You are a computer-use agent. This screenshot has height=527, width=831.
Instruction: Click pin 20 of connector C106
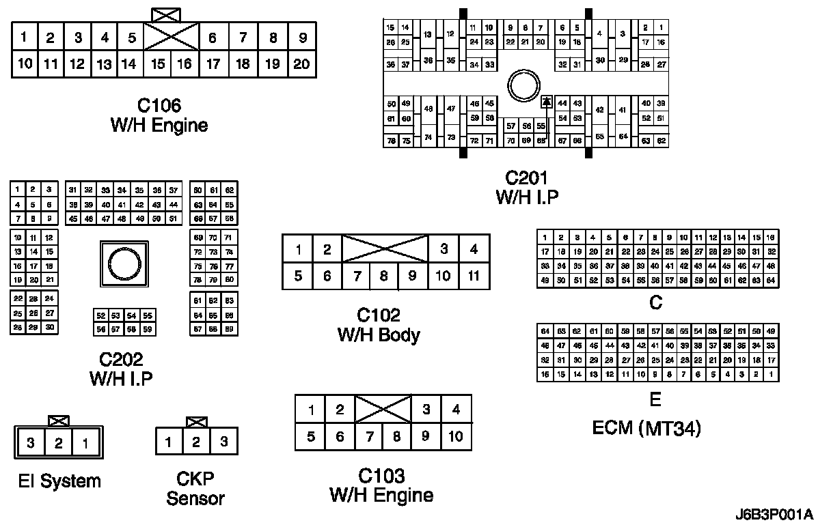click(301, 64)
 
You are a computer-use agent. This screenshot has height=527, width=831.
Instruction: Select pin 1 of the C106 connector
click(24, 38)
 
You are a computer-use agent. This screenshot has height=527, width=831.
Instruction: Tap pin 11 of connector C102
click(474, 276)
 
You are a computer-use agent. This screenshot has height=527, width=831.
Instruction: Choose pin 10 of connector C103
click(456, 436)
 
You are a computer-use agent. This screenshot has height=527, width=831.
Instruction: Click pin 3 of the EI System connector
click(31, 443)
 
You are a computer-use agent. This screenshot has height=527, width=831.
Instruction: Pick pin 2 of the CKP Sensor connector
click(196, 442)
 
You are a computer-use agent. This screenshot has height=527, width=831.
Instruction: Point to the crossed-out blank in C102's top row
click(385, 248)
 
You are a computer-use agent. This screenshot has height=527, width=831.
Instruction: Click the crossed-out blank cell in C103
click(383, 409)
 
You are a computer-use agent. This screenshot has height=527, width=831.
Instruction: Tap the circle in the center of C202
click(123, 263)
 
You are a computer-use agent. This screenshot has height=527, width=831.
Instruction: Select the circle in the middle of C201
click(525, 87)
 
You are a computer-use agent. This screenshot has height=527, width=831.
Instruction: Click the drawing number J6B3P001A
click(774, 514)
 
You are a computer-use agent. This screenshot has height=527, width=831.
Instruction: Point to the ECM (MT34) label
click(646, 429)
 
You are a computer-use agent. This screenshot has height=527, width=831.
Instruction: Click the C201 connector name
click(526, 179)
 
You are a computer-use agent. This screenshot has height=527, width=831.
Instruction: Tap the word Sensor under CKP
click(195, 498)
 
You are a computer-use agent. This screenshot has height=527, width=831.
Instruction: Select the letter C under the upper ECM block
click(656, 302)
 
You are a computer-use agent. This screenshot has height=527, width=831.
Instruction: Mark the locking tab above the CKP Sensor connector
click(197, 421)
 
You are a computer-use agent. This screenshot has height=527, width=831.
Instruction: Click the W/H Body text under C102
click(379, 335)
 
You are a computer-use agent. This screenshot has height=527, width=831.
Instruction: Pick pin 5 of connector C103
click(310, 436)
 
